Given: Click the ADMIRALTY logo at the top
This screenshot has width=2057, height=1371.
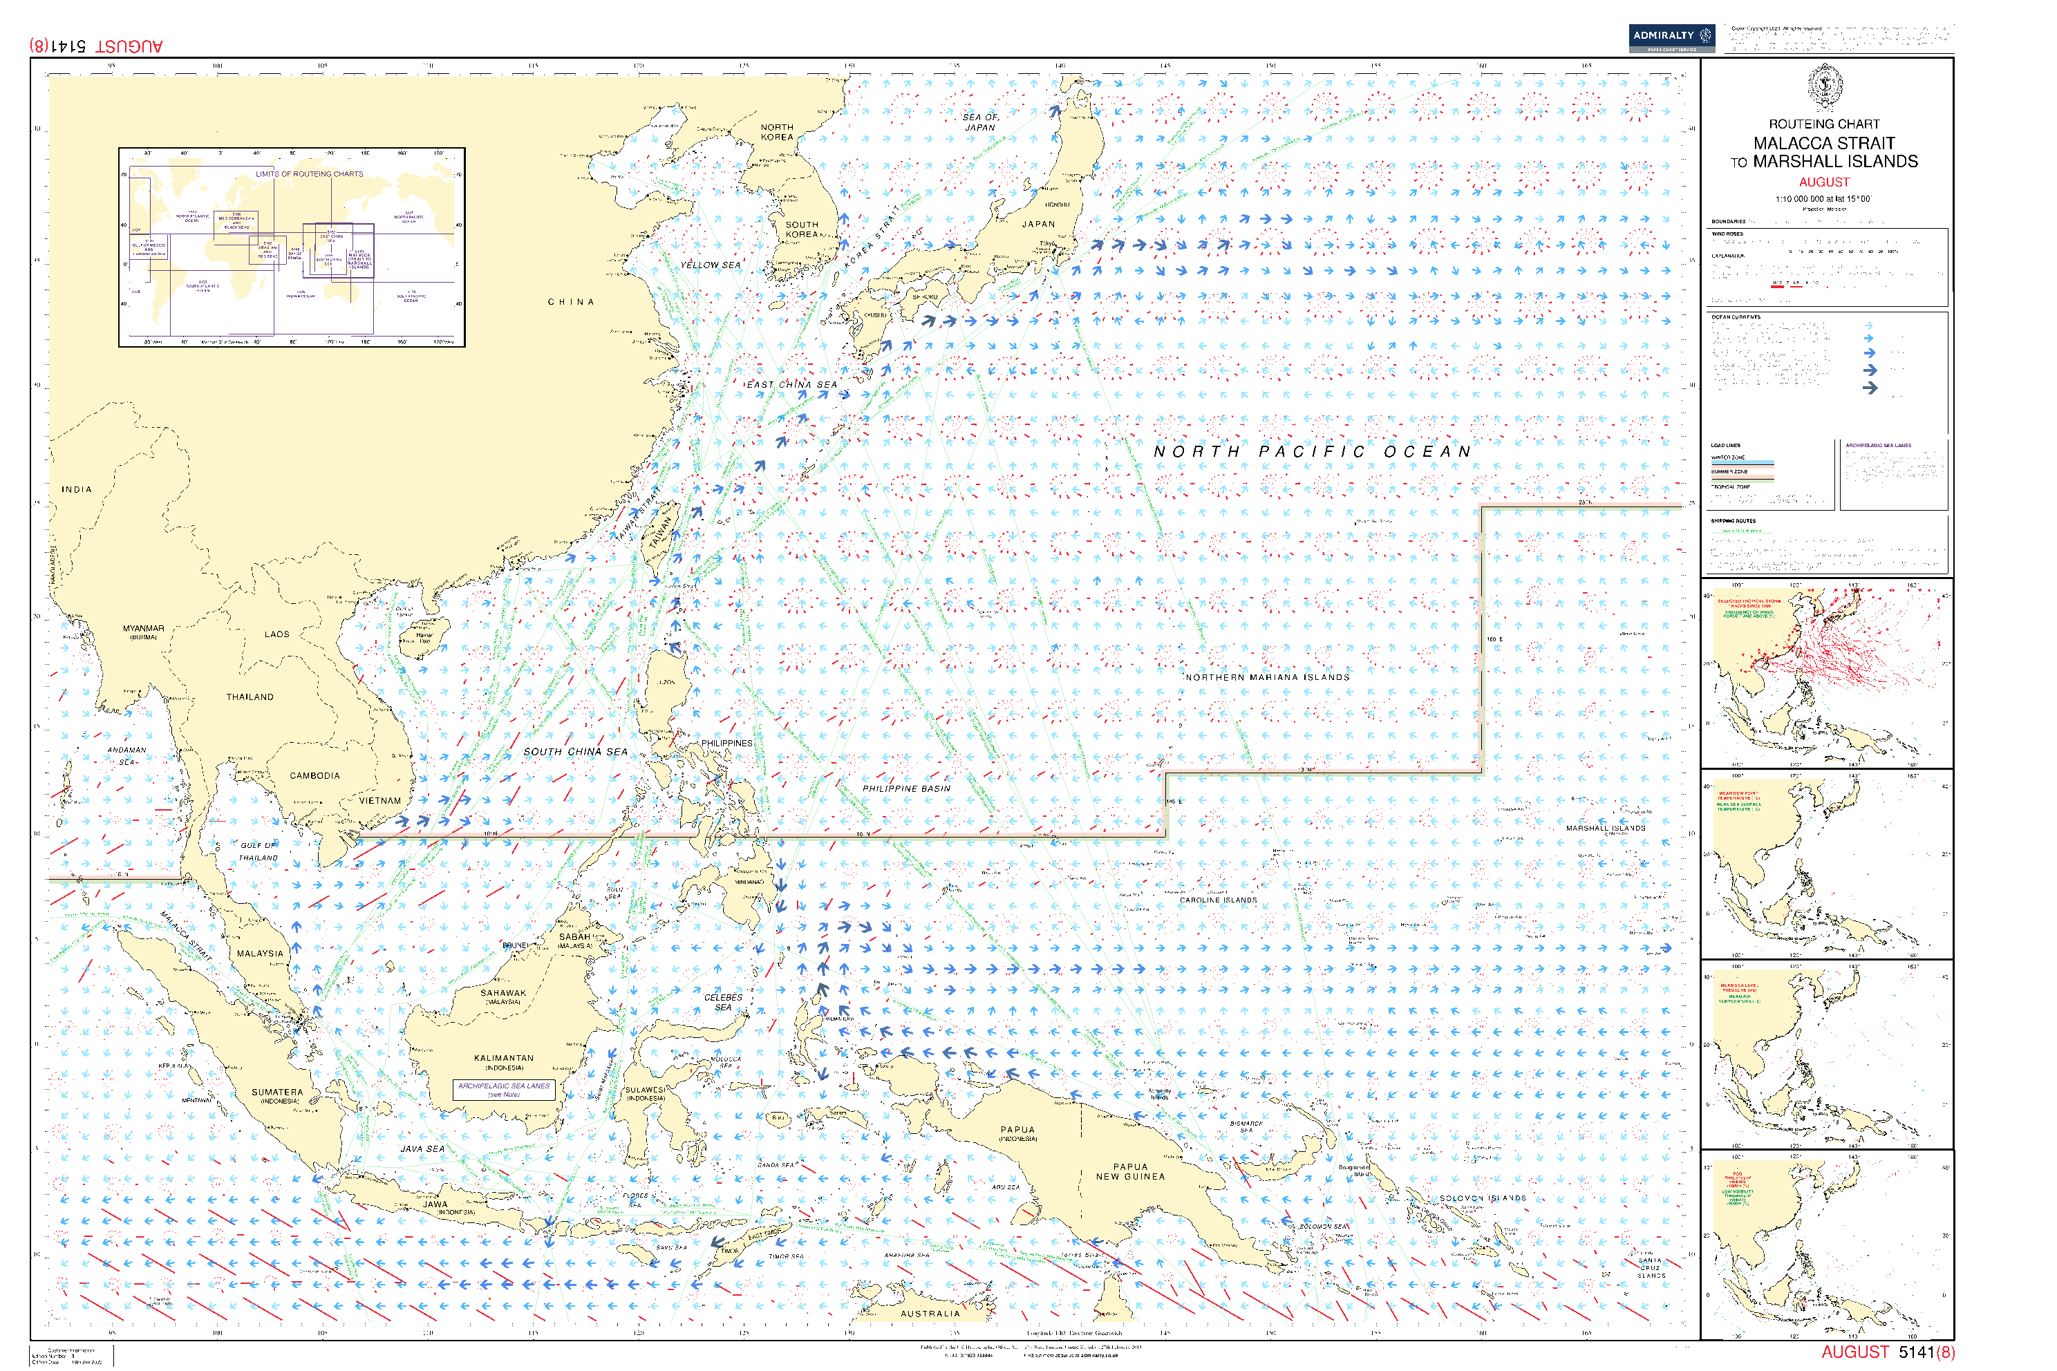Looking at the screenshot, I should point(1671,37).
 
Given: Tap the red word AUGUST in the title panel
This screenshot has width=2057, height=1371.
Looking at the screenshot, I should point(1823,182).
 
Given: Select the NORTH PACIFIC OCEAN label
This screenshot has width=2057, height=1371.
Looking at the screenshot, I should point(1312,452).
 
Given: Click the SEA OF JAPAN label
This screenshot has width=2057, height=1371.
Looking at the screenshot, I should point(980,122).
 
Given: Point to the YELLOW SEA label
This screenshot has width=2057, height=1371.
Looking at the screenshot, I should point(710,265).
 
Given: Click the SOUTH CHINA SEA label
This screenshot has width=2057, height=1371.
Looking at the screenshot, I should point(576,752).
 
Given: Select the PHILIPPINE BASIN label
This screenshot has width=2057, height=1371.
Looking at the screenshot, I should point(906,788).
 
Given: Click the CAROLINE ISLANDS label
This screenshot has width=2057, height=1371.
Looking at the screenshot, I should point(1219,900).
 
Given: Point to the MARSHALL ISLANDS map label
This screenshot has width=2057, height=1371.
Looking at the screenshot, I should point(1605,828).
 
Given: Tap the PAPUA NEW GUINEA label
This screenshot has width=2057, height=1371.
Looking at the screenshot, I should point(1130,1172).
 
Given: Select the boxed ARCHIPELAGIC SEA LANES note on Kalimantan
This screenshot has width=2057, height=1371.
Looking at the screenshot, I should point(504,1090).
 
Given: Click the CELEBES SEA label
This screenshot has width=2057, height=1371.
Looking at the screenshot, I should point(723,1002).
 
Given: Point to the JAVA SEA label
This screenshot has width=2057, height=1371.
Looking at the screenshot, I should point(422,1149).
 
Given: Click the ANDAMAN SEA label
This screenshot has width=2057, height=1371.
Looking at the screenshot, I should point(126,755).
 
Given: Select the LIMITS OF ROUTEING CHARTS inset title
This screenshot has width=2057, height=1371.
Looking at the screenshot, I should point(309,174).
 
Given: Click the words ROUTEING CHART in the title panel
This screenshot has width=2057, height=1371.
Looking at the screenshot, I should point(1823,124).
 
